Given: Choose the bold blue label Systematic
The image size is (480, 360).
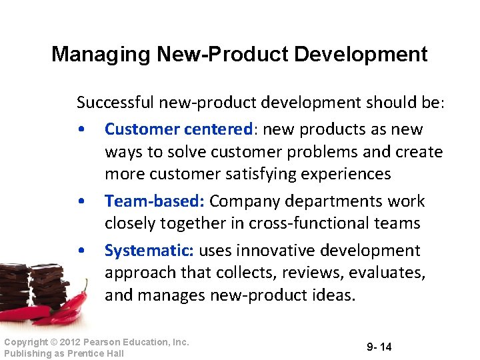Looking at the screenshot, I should (149, 251).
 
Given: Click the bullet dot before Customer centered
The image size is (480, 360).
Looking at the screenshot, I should (80, 129).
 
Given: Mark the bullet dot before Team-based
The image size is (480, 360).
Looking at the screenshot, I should (80, 201).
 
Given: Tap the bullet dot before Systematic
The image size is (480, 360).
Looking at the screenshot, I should (80, 251).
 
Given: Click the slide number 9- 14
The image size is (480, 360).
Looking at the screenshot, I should (379, 347).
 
